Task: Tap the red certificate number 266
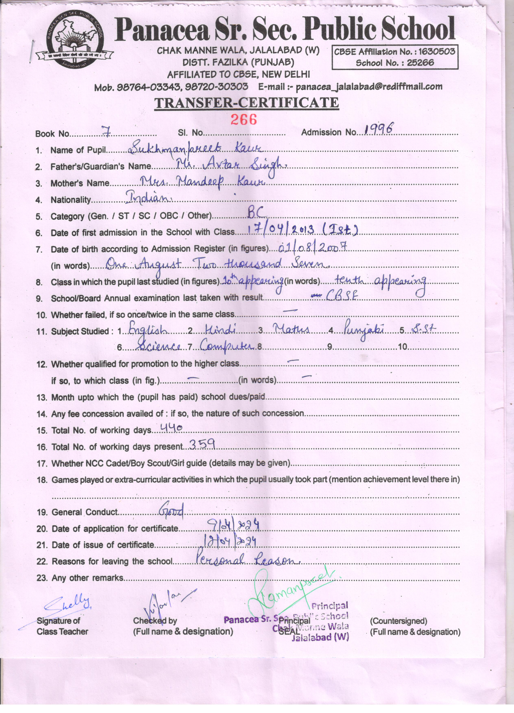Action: (x=244, y=120)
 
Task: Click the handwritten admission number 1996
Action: (x=378, y=129)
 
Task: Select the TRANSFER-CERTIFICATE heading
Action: (x=246, y=103)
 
